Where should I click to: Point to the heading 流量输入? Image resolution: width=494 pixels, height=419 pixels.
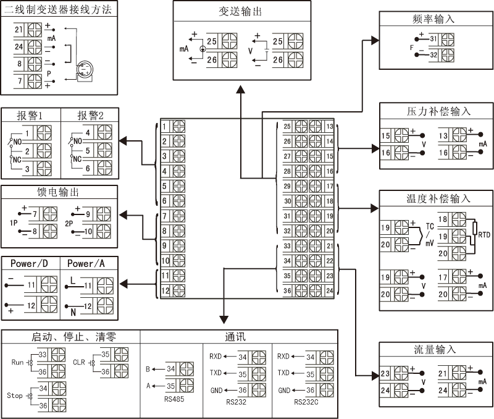[434, 349]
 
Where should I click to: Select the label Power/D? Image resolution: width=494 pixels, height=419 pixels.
[29, 264]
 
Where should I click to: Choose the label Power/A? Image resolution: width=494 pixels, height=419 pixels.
[86, 264]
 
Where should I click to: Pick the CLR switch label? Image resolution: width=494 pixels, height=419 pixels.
[79, 363]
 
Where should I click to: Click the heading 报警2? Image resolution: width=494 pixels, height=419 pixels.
[90, 116]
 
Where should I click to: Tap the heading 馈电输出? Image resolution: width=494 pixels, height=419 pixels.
[59, 192]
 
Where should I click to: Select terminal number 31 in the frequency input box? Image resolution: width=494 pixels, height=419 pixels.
[433, 39]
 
